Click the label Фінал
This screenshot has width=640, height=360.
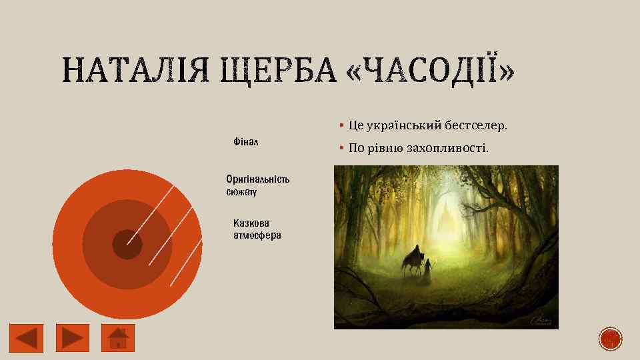(246, 142)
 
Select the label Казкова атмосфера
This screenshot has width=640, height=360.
(257, 229)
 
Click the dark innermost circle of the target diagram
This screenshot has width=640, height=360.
(127, 244)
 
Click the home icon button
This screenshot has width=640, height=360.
(118, 337)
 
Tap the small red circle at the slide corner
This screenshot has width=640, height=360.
(610, 339)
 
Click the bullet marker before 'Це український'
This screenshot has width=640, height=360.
(340, 125)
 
